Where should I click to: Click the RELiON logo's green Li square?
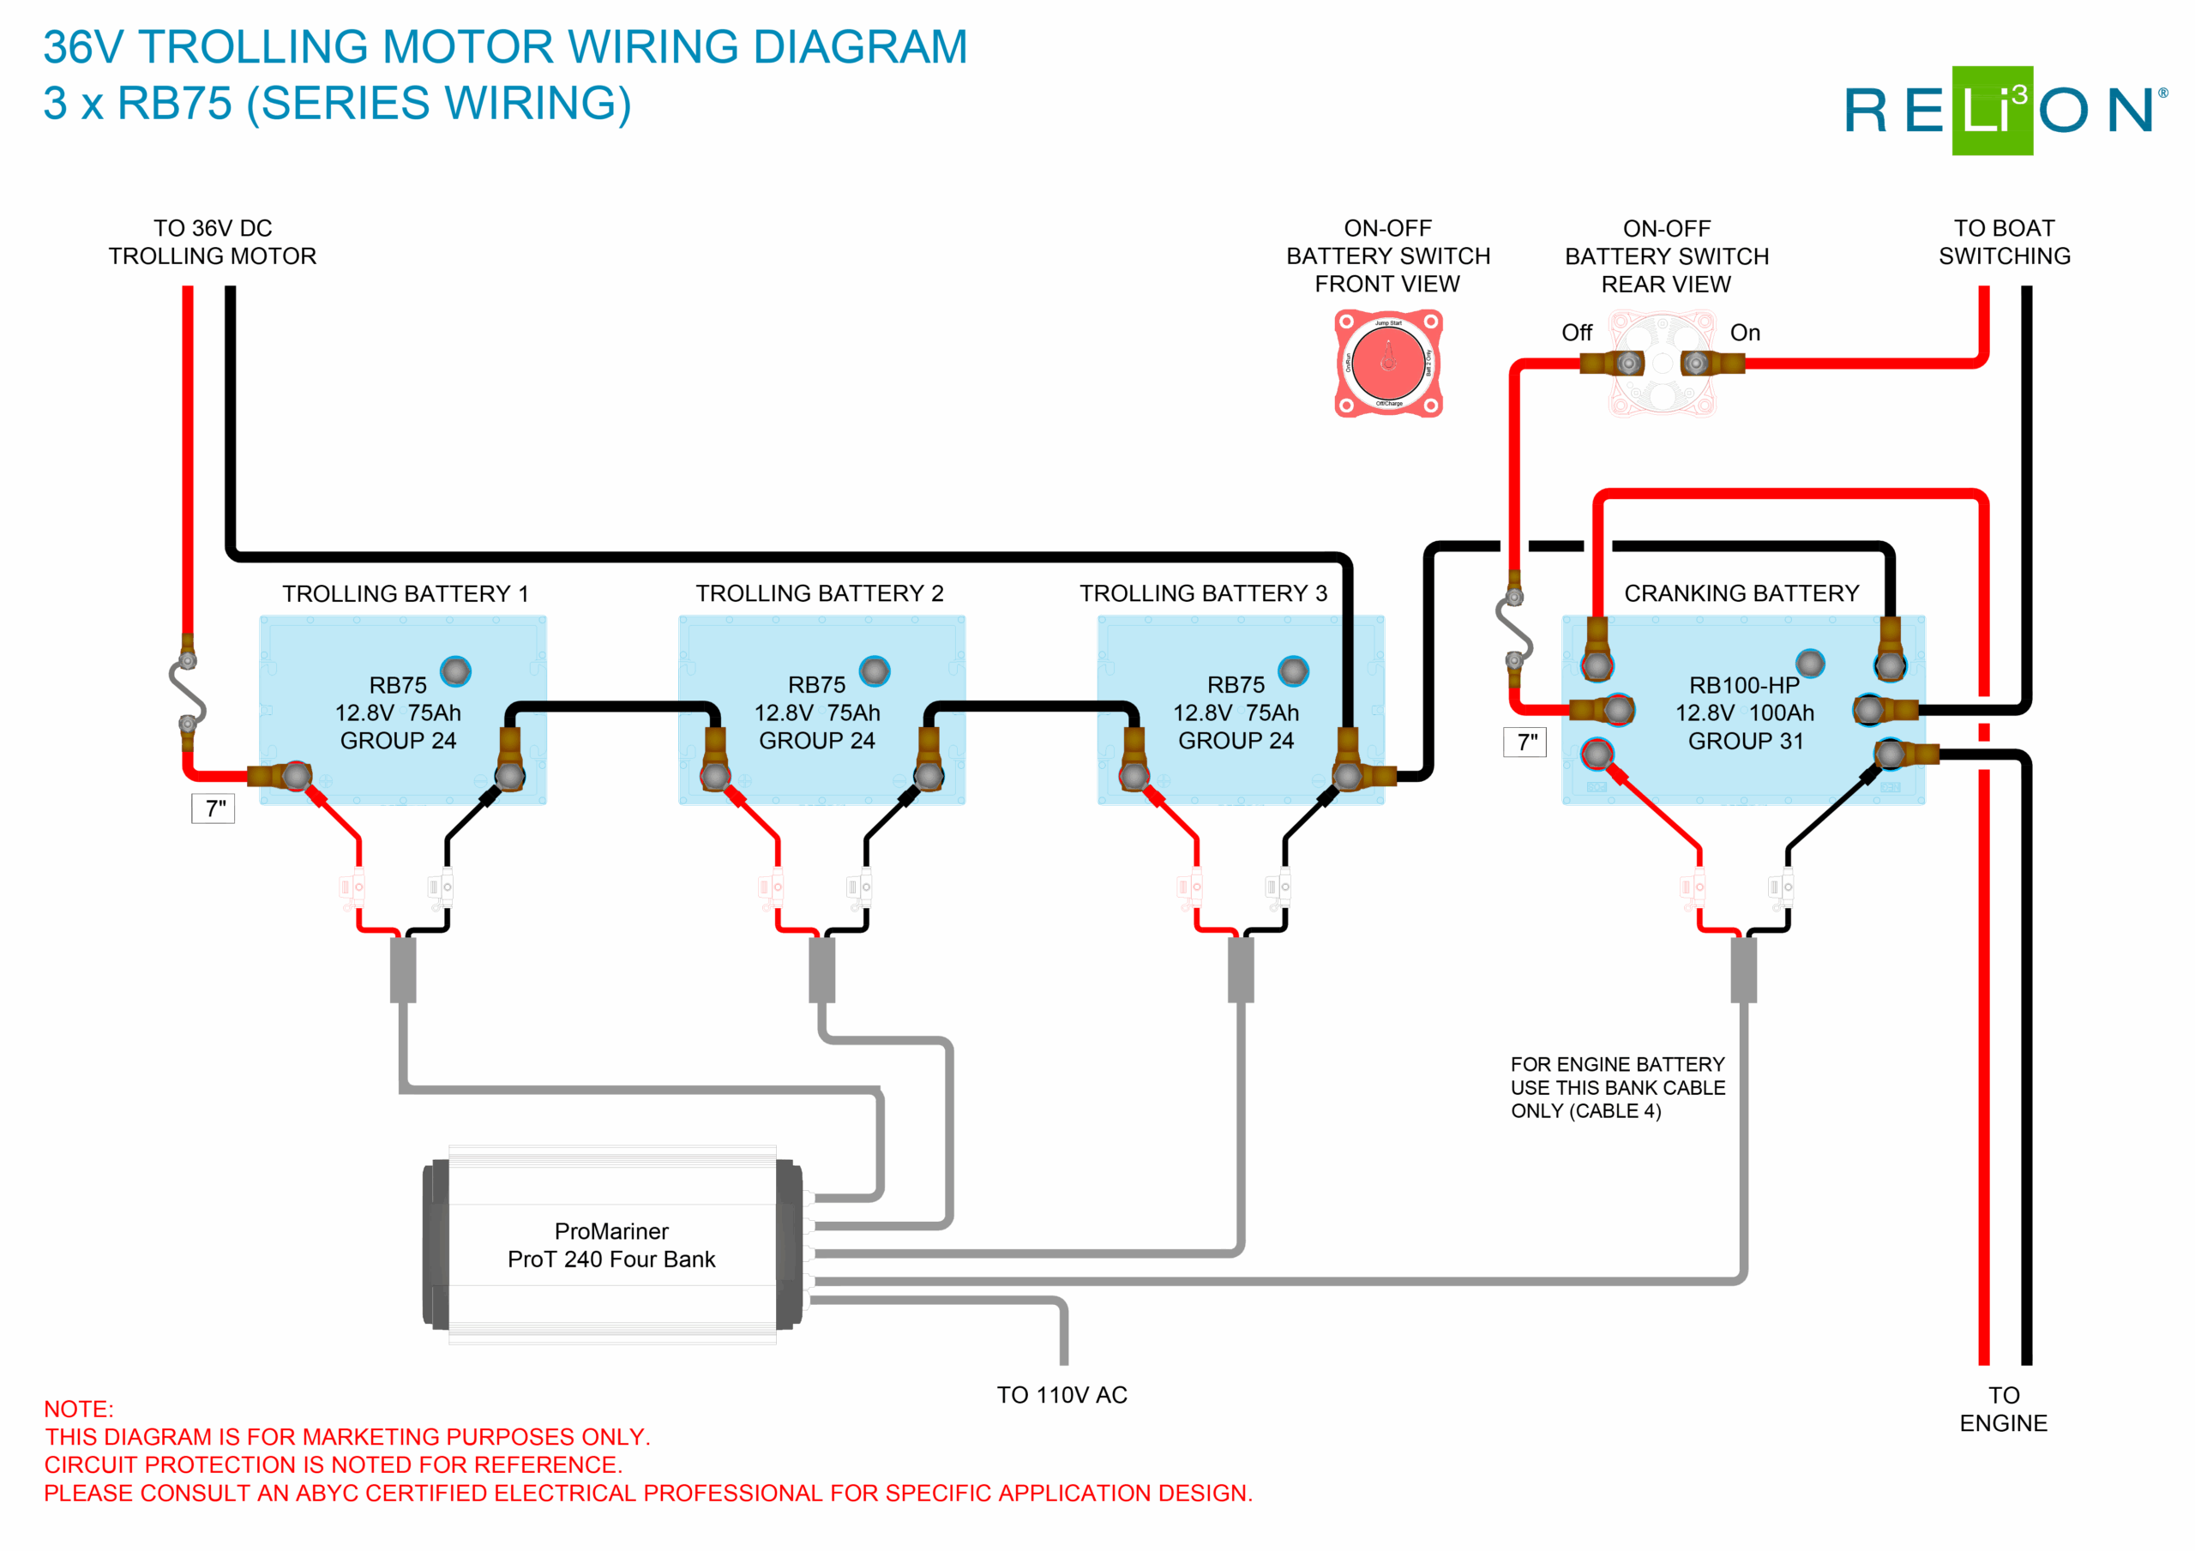click(1992, 111)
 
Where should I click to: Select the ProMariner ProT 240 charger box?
click(612, 1245)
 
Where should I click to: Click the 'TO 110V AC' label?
click(1062, 1395)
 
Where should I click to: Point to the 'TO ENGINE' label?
click(2003, 1410)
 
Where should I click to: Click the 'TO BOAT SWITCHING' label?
click(2004, 242)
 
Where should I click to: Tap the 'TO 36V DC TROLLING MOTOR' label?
click(213, 242)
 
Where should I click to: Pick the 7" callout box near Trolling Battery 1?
click(213, 809)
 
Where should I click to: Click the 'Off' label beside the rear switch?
click(1577, 333)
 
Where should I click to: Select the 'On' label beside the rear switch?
click(1745, 333)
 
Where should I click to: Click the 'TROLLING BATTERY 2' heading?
click(820, 594)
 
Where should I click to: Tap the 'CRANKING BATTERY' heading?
click(1741, 594)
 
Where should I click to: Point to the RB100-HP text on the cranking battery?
click(1744, 686)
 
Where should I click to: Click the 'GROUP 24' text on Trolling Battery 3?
click(1236, 741)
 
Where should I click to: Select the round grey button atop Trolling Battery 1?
click(455, 671)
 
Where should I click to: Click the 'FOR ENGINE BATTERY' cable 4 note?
click(1618, 1087)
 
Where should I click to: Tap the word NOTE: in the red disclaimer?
click(78, 1410)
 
